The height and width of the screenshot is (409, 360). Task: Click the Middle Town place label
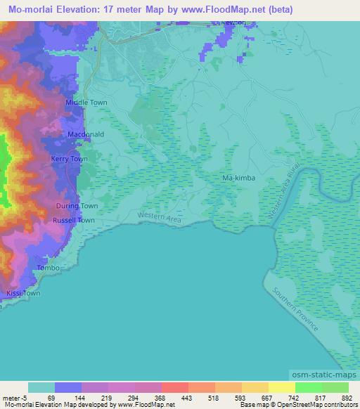point(86,103)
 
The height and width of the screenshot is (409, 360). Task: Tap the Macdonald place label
point(86,134)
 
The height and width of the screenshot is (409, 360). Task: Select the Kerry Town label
point(70,160)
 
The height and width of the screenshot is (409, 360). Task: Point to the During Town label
point(77,206)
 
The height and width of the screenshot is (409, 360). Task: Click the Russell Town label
point(74,221)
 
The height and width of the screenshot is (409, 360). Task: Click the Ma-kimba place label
point(238,179)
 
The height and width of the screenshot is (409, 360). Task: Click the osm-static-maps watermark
point(330,376)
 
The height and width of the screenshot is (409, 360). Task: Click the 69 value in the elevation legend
point(51,397)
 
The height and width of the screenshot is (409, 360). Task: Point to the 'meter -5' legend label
point(15,397)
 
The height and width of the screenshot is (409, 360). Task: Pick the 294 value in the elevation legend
point(134,397)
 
